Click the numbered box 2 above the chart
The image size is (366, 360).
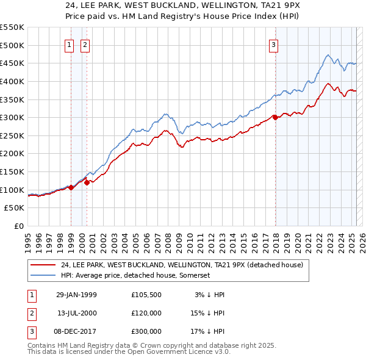pyautogui.click(x=85, y=45)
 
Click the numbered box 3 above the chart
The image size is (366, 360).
pyautogui.click(x=274, y=45)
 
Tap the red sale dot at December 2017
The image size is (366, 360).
pyautogui.click(x=275, y=117)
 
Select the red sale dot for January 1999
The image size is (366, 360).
pyautogui.click(x=71, y=187)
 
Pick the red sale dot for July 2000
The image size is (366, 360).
pyautogui.click(x=87, y=182)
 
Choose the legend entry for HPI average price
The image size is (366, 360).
pyautogui.click(x=135, y=276)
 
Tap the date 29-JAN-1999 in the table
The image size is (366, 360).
pyautogui.click(x=76, y=295)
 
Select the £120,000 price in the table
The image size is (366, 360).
pyautogui.click(x=146, y=313)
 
